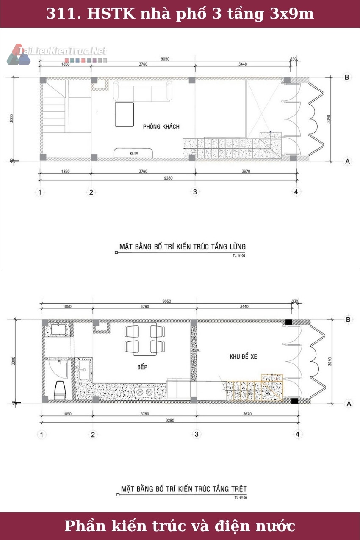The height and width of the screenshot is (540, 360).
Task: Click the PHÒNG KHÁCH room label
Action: [x=161, y=127]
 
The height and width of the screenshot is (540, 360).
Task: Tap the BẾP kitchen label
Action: [x=142, y=367]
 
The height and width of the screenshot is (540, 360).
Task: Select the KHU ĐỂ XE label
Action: [x=243, y=357]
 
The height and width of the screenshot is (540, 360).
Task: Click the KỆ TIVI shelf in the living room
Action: [x=134, y=153]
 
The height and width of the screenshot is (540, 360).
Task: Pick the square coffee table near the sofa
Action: [x=124, y=114]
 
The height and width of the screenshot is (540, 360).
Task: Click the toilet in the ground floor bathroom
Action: [x=60, y=390]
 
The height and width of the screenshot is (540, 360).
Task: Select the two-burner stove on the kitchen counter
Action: [x=144, y=393]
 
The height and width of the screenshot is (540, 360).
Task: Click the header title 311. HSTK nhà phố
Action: [x=180, y=14]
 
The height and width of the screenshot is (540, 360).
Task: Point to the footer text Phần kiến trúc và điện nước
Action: [x=180, y=526]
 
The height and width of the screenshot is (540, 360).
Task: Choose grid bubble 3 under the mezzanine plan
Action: [x=195, y=192]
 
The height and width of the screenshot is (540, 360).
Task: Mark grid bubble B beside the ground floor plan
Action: [x=348, y=320]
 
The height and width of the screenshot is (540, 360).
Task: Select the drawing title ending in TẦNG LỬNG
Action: [x=182, y=246]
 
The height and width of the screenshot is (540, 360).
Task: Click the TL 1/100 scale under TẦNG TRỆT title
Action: [x=241, y=498]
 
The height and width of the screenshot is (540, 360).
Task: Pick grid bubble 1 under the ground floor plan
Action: [x=42, y=434]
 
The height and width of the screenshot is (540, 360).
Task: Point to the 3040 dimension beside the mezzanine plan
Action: [x=328, y=119]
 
